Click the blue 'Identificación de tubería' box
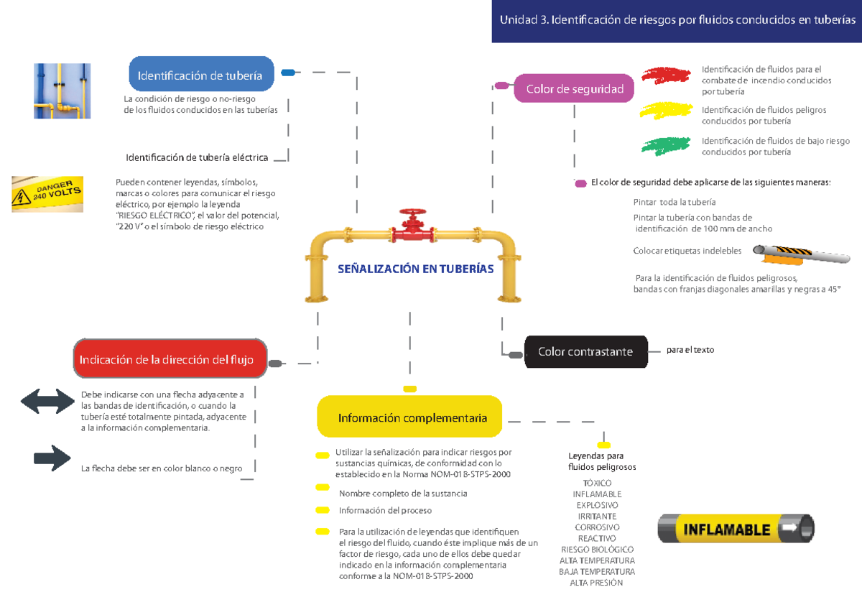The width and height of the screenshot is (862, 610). (x=201, y=75)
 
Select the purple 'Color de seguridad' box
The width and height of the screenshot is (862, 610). (x=574, y=89)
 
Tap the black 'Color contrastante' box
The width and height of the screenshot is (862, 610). (x=585, y=351)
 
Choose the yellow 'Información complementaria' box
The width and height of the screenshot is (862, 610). (x=409, y=417)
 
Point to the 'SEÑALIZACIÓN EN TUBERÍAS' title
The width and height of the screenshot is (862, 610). (x=416, y=269)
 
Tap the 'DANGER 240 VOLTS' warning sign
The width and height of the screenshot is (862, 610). (x=47, y=194)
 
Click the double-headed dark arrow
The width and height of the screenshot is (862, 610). (x=48, y=401)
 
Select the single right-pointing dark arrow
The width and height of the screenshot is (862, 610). (x=52, y=458)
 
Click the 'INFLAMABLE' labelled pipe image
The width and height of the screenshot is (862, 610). (x=736, y=529)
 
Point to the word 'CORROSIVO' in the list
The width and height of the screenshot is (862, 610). (x=597, y=527)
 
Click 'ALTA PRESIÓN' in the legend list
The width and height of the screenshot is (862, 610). (x=597, y=583)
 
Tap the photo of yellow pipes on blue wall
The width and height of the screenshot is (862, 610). (x=62, y=91)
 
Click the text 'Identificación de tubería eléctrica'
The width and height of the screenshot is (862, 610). (x=197, y=157)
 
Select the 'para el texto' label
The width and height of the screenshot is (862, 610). (x=690, y=350)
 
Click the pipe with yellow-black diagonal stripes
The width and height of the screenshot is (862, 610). (x=801, y=253)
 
